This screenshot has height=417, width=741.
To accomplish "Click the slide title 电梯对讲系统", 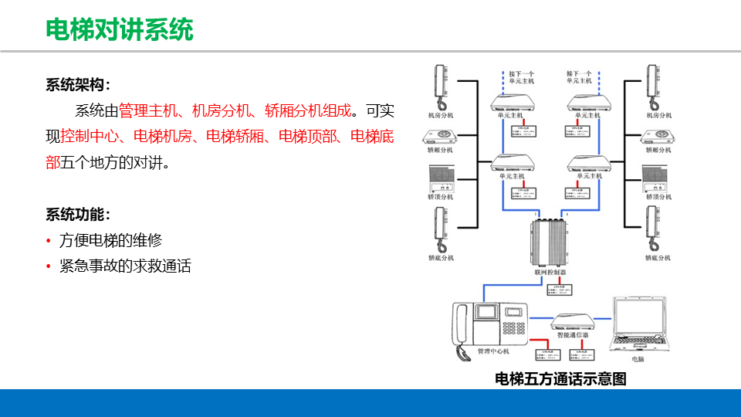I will [120, 29].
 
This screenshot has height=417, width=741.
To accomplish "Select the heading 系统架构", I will [77, 84].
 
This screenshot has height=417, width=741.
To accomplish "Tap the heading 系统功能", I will [77, 214].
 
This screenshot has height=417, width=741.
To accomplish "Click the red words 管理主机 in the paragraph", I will [147, 110].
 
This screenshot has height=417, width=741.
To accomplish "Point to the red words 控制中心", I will [90, 137].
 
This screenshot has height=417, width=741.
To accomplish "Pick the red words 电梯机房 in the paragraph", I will [162, 137].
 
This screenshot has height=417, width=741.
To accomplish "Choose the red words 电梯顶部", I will [307, 137].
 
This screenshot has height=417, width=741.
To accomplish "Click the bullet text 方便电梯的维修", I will [111, 240].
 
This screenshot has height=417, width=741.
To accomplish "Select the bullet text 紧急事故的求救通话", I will [125, 266].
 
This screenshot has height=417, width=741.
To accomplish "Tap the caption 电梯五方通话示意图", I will [560, 378].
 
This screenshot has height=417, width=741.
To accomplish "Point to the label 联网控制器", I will [550, 273].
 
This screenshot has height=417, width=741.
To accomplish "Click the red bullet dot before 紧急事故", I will [49, 267].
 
